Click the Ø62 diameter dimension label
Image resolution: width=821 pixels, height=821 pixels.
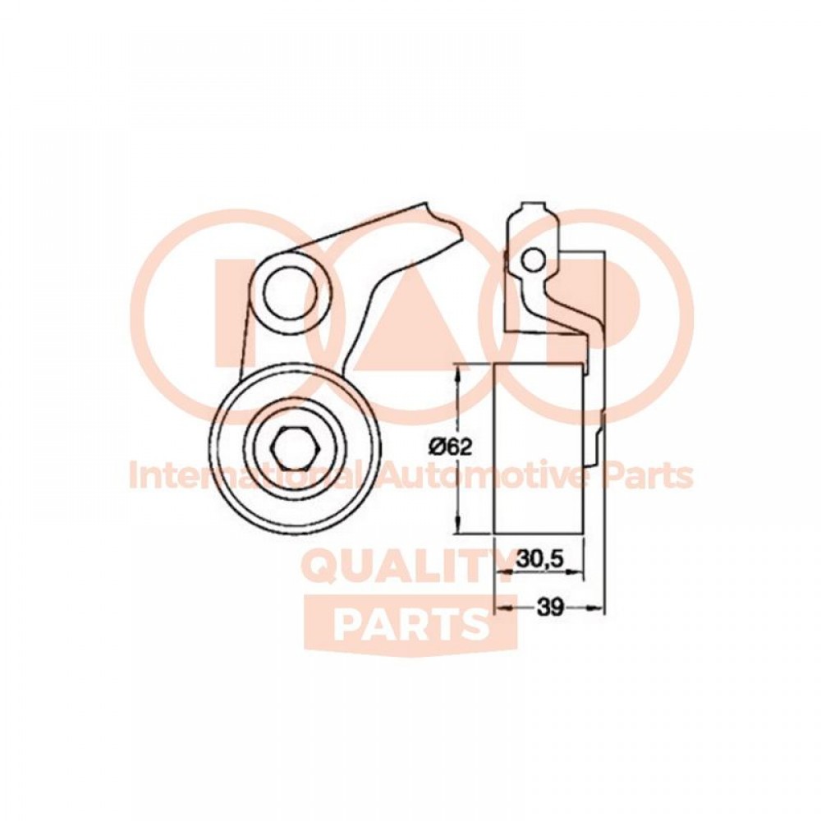pos(451,447)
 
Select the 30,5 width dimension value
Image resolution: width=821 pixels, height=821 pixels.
pos(539,560)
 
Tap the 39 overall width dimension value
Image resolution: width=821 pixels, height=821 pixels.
pos(549,608)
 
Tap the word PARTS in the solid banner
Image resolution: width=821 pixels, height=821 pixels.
pos(410,625)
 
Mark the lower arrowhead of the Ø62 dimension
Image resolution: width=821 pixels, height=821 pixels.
pos(459,525)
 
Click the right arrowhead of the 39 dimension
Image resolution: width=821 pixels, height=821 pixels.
pos(596,608)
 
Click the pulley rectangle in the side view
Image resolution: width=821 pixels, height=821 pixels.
pos(539,449)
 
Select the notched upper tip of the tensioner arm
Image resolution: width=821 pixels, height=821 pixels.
pos(443,220)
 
